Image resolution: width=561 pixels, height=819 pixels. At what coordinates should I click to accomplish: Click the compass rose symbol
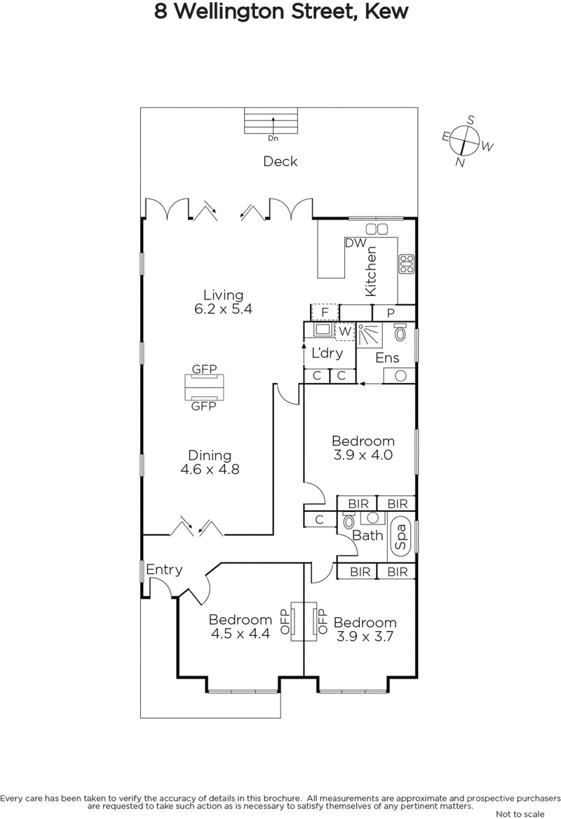[x=464, y=141]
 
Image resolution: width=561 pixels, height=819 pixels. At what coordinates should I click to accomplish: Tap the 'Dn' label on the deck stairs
[x=273, y=138]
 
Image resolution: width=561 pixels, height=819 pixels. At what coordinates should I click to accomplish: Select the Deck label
[x=280, y=161]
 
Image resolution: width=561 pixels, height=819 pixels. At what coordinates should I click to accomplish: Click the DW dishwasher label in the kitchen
[x=356, y=243]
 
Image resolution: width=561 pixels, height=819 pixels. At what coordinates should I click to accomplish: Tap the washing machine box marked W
[x=344, y=331]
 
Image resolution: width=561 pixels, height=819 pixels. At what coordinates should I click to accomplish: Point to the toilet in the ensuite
[x=400, y=332]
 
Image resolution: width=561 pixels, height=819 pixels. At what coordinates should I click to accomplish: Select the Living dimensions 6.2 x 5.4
[x=223, y=309]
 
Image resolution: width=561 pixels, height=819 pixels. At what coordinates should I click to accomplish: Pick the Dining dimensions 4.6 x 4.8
[x=210, y=470]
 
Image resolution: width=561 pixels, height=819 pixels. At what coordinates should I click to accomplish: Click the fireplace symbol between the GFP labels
[x=204, y=386]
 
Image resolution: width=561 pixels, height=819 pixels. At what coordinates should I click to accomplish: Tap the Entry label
[x=164, y=569]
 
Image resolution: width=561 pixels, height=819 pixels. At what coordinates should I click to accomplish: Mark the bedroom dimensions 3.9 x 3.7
[x=365, y=637]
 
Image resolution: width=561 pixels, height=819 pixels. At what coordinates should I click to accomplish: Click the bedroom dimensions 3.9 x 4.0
[x=363, y=454]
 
